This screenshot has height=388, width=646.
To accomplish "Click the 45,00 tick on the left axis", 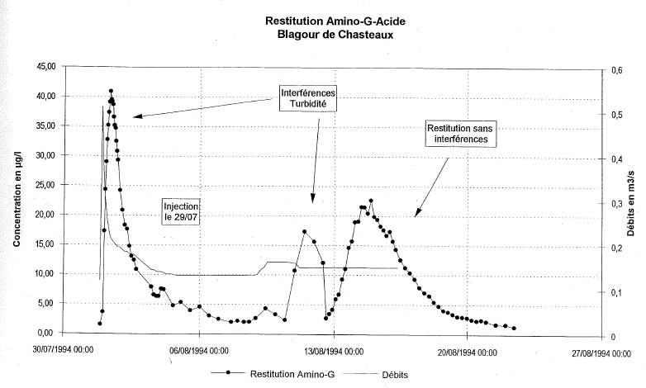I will point(41,66).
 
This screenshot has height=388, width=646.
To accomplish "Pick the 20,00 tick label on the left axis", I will point(41,214).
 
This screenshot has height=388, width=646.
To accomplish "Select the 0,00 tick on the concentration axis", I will point(44,333).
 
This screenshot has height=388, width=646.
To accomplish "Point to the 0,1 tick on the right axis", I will point(615,292).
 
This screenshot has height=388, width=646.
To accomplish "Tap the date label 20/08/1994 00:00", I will point(468,350).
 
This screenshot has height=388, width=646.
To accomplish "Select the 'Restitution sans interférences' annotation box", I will point(465,135).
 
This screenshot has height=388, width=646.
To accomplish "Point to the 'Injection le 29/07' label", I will point(181,211).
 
